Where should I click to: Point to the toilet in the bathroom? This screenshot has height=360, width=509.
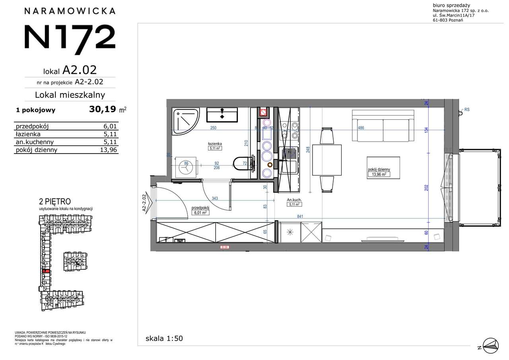point(241,164)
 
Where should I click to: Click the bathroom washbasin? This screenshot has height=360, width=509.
point(221,115)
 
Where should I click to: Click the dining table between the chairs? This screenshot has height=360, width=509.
point(326,160)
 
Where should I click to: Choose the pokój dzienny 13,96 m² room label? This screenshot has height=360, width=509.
point(379,172)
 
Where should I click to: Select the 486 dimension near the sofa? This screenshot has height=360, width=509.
point(361,128)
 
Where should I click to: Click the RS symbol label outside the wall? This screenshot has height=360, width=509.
point(467,109)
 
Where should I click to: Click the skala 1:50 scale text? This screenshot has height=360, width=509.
point(164,339)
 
